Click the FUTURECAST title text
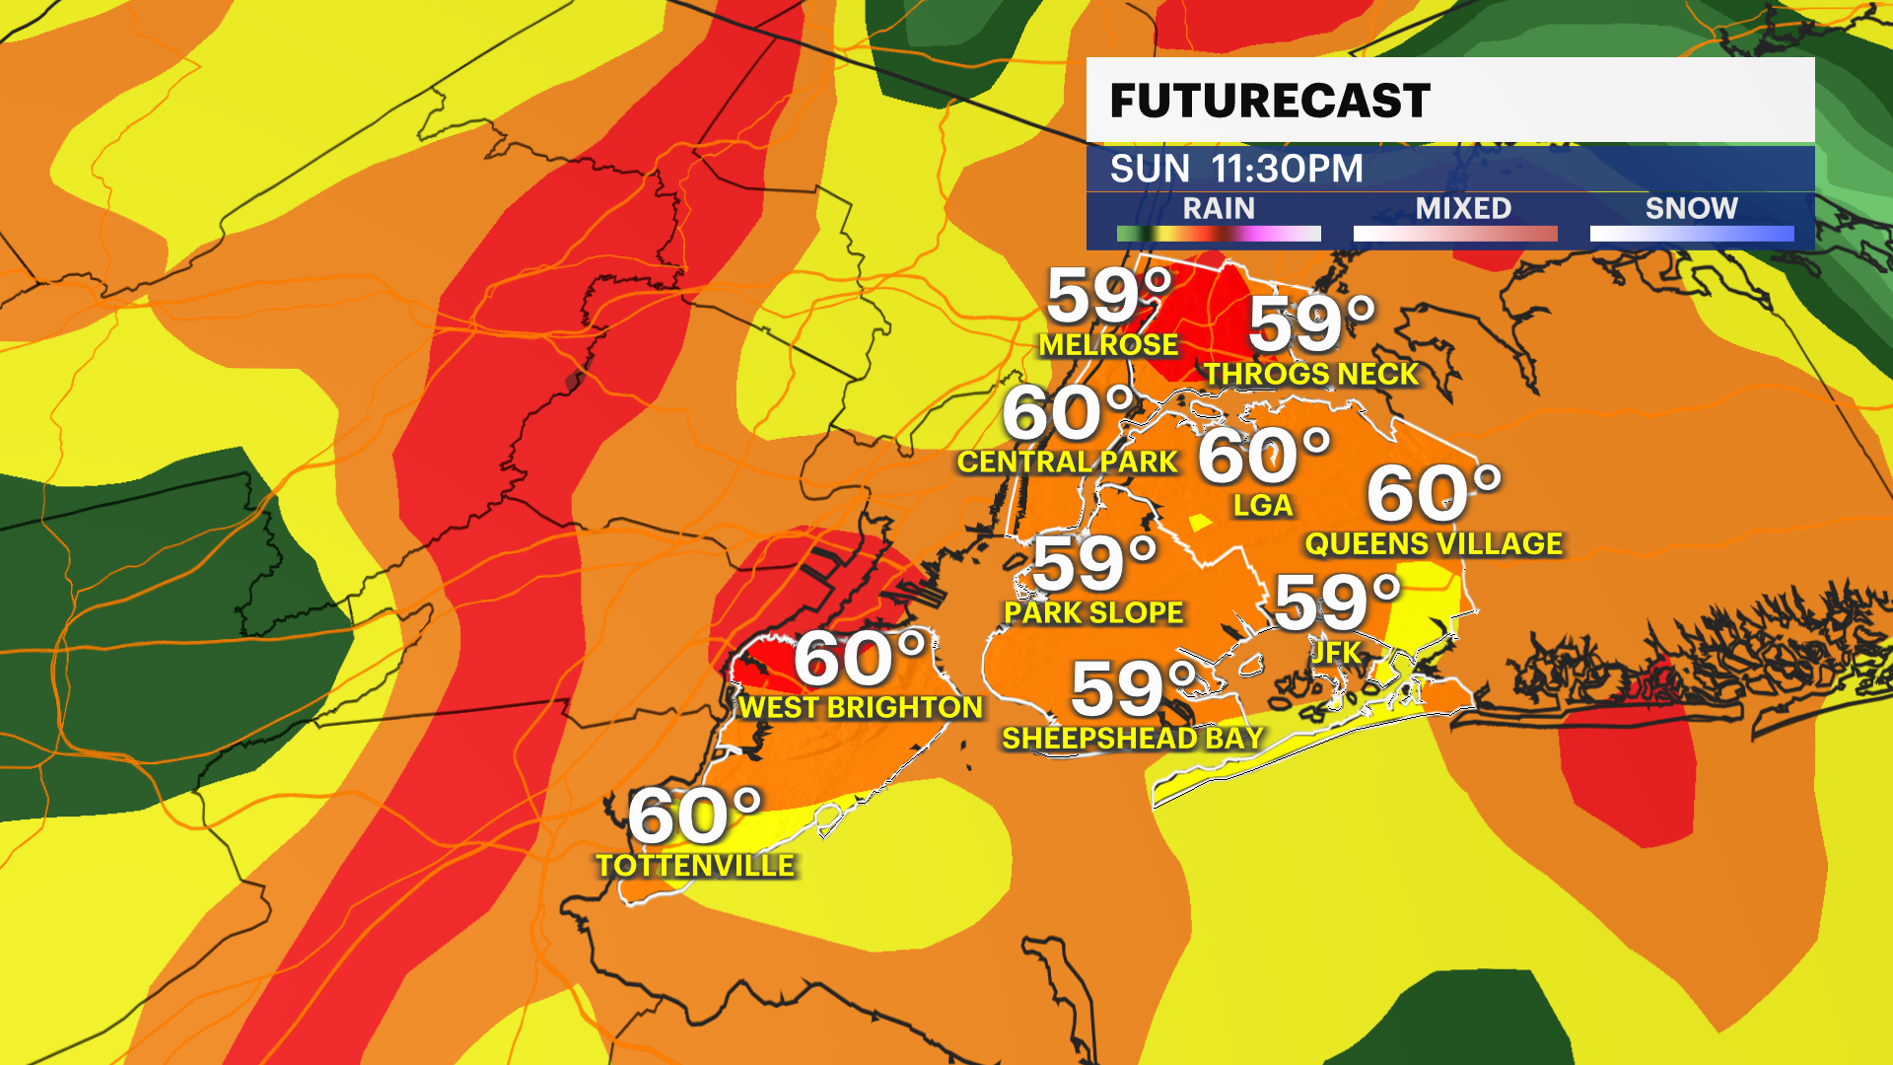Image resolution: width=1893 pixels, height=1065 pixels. point(1270,101)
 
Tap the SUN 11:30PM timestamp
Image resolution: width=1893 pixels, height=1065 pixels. point(1236,169)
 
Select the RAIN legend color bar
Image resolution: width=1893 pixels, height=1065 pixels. point(1219,234)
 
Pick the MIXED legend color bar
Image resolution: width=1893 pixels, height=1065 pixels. point(1455,234)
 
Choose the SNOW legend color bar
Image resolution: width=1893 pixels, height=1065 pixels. point(1692,234)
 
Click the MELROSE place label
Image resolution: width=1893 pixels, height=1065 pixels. point(1108,345)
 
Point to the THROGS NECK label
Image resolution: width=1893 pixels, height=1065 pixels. point(1310,375)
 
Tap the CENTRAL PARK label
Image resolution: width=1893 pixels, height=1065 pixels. point(1068,461)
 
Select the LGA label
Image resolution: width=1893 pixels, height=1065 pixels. point(1262,506)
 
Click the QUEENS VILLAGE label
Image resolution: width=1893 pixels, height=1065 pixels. point(1434,543)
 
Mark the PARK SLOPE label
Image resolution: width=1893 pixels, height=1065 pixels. point(1093,612)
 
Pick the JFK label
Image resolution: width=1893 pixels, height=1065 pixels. point(1336,652)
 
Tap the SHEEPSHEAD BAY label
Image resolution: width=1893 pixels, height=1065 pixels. point(1133,738)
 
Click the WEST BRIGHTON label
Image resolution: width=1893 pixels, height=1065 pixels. point(861,707)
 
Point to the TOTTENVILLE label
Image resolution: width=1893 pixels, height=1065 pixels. point(695,866)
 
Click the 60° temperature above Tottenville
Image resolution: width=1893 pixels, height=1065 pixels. point(695,816)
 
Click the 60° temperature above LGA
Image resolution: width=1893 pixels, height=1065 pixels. point(1264,456)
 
